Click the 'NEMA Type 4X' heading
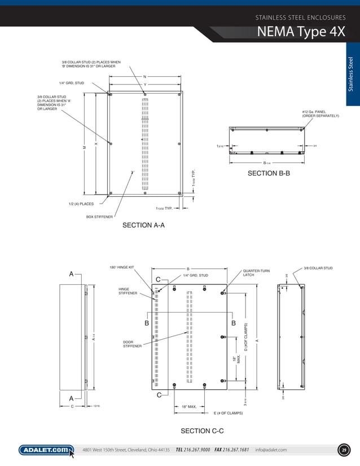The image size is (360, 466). pyautogui.click(x=301, y=32)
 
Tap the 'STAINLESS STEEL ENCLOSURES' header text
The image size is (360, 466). pyautogui.click(x=300, y=17)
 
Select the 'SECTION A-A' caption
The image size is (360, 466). pyautogui.click(x=143, y=226)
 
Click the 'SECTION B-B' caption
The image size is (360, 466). pyautogui.click(x=269, y=174)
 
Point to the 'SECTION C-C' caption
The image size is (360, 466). pyautogui.click(x=202, y=432)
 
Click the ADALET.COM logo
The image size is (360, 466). pyautogui.click(x=46, y=450)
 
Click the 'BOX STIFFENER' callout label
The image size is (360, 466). pyautogui.click(x=99, y=216)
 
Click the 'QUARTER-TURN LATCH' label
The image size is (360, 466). pyautogui.click(x=256, y=273)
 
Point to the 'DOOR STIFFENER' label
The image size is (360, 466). pyautogui.click(x=133, y=344)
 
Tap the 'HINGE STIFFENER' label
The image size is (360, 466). pyautogui.click(x=128, y=291)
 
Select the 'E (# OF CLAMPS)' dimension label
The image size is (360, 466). pyautogui.click(x=228, y=413)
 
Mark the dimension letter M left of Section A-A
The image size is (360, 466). pyautogui.click(x=84, y=147)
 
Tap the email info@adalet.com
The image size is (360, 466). pyautogui.click(x=271, y=450)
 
